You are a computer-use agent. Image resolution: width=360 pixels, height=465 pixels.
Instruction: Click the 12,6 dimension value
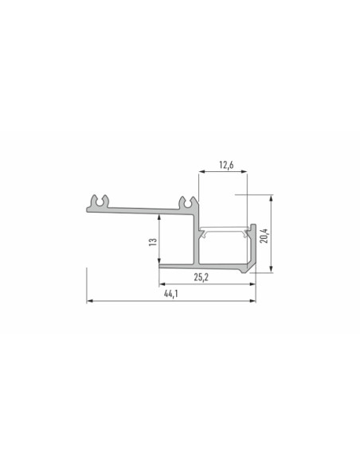pyautogui.click(x=226, y=165)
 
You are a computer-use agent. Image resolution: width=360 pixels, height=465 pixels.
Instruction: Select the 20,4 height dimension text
pyautogui.click(x=264, y=236)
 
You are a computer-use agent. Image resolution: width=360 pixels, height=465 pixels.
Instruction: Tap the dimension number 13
pyautogui.click(x=152, y=242)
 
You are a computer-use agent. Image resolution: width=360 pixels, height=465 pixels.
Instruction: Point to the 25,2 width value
pyautogui.click(x=202, y=277)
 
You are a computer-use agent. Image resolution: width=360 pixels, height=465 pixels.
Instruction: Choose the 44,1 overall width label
pyautogui.click(x=171, y=294)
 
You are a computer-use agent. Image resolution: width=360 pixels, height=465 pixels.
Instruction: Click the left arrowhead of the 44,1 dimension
pyautogui.click(x=89, y=301)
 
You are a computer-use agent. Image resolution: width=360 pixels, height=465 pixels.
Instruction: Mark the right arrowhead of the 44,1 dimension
pyautogui.click(x=252, y=301)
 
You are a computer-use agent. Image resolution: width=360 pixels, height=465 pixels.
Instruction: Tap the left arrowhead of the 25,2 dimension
pyautogui.click(x=162, y=284)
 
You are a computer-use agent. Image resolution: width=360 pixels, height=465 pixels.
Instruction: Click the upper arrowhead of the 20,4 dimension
pyautogui.click(x=271, y=197)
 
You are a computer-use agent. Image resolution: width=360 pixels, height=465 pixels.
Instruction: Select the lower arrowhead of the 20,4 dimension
pyautogui.click(x=271, y=269)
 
